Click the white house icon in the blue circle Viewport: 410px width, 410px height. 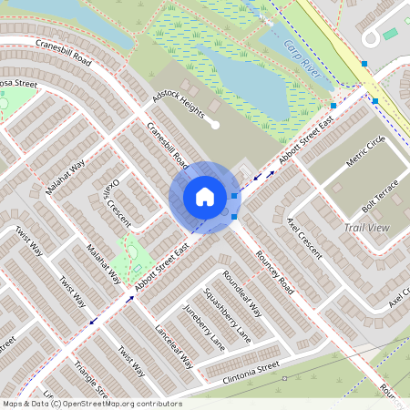pos(204,196)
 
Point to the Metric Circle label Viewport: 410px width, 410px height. pos(366,151)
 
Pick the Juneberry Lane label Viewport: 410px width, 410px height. pos(203,327)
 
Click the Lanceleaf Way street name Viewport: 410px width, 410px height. pos(174,345)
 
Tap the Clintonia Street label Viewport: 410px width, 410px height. pos(241,374)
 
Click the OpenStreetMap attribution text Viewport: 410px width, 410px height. pos(92,404)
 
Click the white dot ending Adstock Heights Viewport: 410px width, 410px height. pos(215,125)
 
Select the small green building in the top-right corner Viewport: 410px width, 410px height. pos(390,34)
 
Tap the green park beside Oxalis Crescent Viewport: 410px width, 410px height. pos(134,254)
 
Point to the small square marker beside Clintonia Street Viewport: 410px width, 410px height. pos(285,377)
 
